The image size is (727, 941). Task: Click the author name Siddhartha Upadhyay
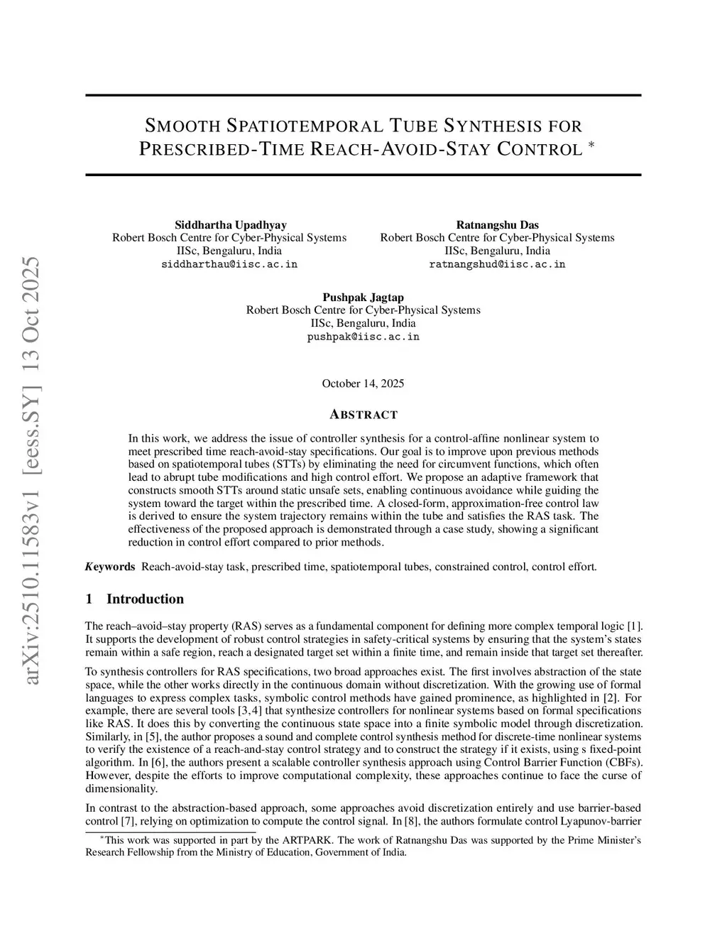click(230, 224)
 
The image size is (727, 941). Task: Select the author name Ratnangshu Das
click(497, 224)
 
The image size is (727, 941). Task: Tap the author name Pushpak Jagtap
click(363, 297)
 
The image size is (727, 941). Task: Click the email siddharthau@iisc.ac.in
click(229, 264)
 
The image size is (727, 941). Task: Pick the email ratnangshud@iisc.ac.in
click(497, 264)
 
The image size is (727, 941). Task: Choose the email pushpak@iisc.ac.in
click(363, 337)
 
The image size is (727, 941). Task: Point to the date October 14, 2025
click(363, 384)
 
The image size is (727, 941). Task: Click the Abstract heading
click(363, 415)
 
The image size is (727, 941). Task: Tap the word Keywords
click(110, 567)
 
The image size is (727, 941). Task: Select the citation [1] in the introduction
click(635, 626)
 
